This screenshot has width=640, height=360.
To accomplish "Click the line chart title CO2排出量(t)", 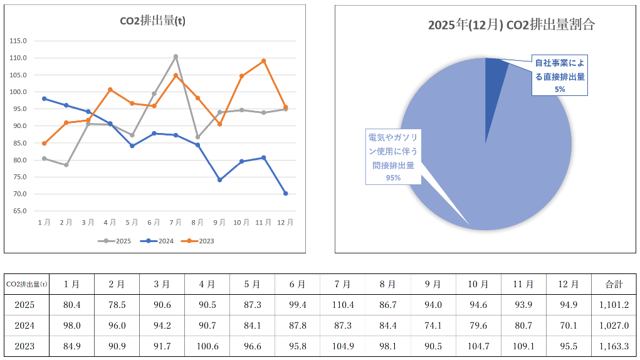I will (152, 21).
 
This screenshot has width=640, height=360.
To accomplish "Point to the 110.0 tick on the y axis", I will (18, 58).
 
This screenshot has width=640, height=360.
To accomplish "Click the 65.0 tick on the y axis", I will (18, 211).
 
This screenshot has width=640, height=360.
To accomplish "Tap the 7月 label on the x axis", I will (176, 222).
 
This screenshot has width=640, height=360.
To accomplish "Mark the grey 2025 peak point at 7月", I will (176, 56).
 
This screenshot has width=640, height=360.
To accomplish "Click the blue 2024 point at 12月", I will (285, 193).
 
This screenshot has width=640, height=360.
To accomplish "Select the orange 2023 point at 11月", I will (263, 61).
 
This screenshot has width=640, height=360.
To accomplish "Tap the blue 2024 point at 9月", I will (219, 180).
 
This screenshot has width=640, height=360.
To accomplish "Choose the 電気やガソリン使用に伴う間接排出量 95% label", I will (393, 156).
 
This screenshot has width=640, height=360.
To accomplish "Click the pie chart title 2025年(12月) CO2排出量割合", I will (511, 25).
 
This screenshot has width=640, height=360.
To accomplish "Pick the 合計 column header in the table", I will (613, 284).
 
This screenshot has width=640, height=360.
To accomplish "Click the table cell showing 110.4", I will (342, 305).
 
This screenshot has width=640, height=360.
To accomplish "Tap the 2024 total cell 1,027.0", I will (613, 326).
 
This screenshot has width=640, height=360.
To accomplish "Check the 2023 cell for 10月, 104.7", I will (478, 346).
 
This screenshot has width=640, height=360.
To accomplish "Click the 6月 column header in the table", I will (297, 284).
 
